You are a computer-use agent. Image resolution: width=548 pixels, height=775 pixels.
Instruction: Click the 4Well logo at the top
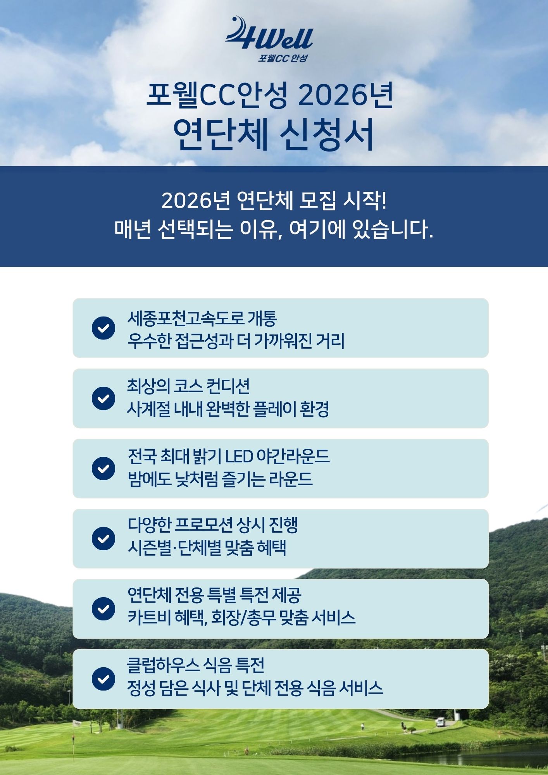point(269,34)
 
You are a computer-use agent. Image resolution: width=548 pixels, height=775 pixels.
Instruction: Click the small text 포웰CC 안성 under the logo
point(283,58)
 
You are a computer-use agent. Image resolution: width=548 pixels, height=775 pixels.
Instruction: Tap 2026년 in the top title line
point(345,95)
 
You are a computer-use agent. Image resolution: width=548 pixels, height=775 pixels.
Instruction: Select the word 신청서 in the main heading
point(327,134)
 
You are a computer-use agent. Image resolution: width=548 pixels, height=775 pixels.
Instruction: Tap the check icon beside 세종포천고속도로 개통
point(103,328)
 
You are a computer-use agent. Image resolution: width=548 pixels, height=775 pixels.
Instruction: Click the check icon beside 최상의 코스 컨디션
point(103,398)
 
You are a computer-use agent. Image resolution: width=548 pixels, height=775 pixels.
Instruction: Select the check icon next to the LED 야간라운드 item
point(103,468)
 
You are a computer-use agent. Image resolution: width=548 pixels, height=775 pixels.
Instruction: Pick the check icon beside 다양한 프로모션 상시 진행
point(103,539)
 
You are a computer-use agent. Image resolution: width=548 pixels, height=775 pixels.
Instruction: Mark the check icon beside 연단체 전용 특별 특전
point(103,609)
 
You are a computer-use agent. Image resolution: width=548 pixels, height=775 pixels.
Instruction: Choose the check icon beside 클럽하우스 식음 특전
point(103,679)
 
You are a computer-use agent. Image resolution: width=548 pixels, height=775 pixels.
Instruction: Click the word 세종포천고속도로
point(186,319)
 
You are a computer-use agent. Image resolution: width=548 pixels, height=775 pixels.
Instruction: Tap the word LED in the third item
point(239,457)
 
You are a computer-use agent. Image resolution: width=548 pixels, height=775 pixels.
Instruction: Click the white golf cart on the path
point(440,722)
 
